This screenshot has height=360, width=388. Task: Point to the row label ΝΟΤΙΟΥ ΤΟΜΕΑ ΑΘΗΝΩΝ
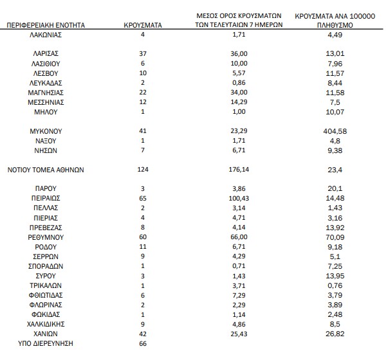[x=46, y=170]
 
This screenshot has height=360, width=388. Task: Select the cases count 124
[x=142, y=170]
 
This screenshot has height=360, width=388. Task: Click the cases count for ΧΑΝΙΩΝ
[x=142, y=334]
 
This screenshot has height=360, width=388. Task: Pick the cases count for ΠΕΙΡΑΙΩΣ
[x=142, y=198]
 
